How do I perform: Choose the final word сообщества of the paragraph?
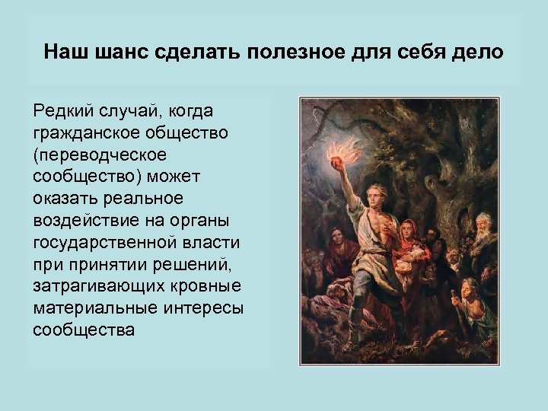point(84,331)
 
